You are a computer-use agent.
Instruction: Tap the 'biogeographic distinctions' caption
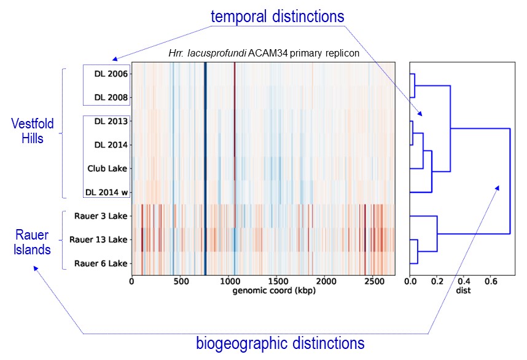(x=280, y=342)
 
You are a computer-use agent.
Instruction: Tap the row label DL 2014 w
(x=107, y=192)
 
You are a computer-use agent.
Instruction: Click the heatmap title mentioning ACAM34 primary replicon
(x=263, y=54)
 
